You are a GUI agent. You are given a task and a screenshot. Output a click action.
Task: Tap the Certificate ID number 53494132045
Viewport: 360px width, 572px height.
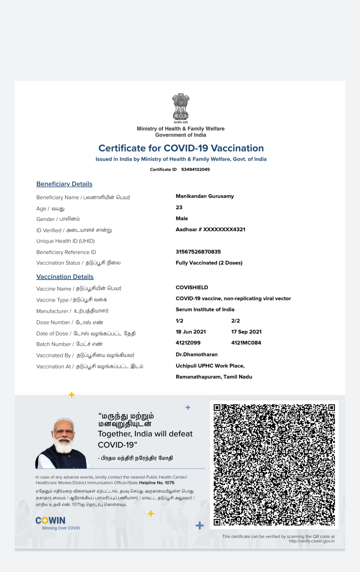pos(195,169)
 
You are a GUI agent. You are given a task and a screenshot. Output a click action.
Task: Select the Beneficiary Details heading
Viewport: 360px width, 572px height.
pos(64,184)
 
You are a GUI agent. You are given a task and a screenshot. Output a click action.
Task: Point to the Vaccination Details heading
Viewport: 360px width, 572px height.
pos(65,277)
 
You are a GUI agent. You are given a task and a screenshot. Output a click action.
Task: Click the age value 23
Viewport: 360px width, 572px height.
pos(179,207)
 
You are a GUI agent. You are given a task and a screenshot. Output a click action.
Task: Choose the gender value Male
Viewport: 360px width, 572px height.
pos(182,218)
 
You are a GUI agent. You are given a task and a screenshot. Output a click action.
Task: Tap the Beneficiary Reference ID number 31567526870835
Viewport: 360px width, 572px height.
pos(198,252)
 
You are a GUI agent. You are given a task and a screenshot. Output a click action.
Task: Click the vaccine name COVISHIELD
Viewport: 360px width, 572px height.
pos(192,287)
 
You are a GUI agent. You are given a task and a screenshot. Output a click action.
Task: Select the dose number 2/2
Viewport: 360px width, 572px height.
pos(235,321)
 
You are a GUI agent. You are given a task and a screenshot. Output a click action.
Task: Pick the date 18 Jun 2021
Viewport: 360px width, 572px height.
pos(191,332)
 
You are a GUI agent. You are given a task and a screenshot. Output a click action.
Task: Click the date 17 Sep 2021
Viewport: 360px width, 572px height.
pos(246,332)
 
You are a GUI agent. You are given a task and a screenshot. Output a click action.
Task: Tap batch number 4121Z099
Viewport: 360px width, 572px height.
pos(188,343)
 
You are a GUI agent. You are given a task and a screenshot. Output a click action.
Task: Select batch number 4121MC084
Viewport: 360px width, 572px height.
pos(246,343)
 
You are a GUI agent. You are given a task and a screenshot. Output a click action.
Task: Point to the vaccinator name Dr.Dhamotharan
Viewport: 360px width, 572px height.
pos(196,354)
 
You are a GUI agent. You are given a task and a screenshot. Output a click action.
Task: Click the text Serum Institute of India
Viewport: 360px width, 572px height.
pos(205,309)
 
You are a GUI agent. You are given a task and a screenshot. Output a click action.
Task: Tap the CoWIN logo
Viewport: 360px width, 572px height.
pos(51,521)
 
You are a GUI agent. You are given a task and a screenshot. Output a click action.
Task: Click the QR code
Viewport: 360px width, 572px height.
pos(274,465)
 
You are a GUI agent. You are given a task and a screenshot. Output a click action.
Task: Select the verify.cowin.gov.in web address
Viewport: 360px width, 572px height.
pos(312,541)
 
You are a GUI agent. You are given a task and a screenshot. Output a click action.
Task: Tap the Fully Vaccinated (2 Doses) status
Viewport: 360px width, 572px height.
pos(209,263)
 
